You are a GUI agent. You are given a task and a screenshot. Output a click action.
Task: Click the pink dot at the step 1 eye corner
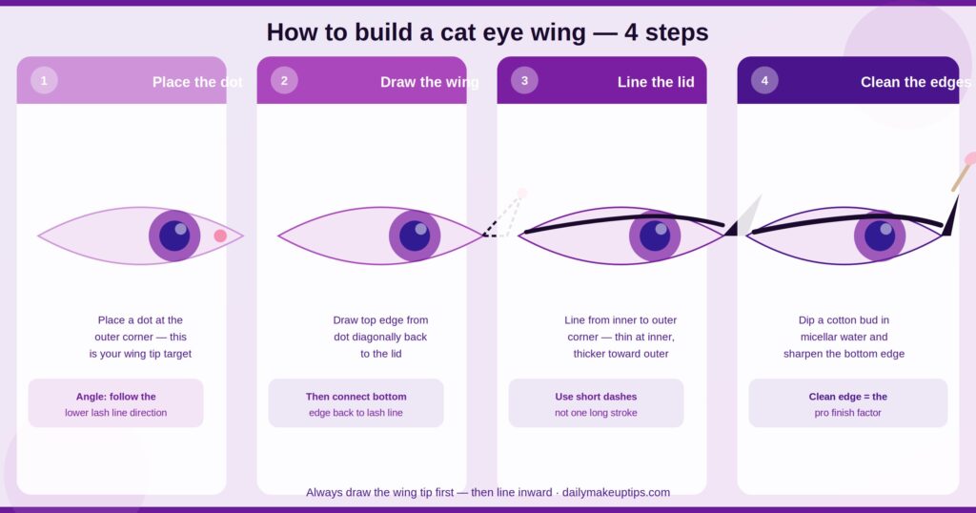click(x=220, y=236)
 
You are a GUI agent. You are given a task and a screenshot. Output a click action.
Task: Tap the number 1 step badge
click(x=44, y=80)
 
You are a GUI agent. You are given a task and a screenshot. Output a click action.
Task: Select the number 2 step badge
click(x=284, y=80)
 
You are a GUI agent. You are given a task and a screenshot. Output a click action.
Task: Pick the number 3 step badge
click(x=524, y=80)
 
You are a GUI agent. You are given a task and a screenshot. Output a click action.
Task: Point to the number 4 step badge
click(x=764, y=80)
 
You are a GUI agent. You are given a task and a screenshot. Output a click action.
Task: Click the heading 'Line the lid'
click(x=656, y=82)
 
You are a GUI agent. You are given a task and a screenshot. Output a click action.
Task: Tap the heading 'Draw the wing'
click(x=430, y=82)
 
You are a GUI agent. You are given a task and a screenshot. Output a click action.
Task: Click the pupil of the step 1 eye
click(x=174, y=236)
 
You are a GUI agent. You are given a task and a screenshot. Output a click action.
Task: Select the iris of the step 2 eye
click(x=415, y=236)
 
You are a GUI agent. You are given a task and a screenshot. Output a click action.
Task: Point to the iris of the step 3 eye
click(x=655, y=236)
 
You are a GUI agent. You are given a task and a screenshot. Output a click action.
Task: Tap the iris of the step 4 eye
click(x=880, y=236)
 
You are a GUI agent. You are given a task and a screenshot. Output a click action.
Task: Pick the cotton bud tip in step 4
click(x=970, y=158)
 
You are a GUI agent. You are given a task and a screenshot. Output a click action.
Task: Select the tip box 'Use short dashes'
click(x=596, y=402)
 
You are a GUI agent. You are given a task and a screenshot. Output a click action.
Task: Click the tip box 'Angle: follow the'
click(x=115, y=402)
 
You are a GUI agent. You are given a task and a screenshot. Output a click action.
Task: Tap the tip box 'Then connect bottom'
click(x=356, y=402)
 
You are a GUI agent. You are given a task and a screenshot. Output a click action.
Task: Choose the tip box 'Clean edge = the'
click(x=847, y=402)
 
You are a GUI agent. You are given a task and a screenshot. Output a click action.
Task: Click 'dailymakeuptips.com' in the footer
click(x=617, y=492)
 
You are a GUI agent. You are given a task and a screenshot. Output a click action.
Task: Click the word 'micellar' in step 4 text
click(x=820, y=337)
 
